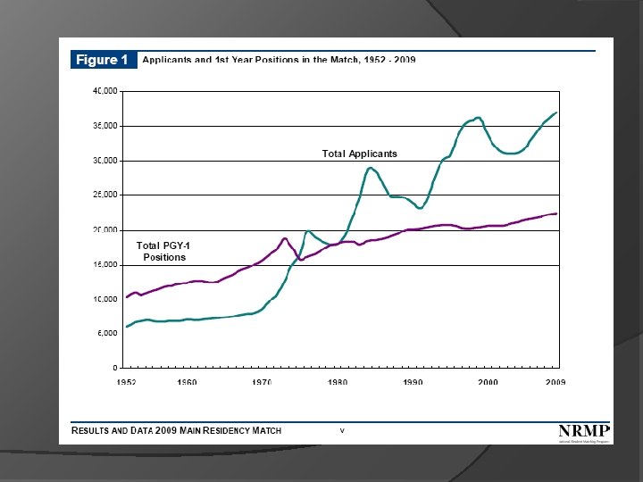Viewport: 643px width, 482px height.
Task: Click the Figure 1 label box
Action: coord(104,60)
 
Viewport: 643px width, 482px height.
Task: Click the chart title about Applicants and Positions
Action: coord(279,60)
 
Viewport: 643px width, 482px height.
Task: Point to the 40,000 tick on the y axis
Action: coord(106,91)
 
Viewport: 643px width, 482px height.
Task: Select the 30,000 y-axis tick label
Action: coord(106,161)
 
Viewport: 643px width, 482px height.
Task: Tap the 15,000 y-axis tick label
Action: coord(106,265)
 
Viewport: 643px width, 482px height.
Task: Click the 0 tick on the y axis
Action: coord(115,368)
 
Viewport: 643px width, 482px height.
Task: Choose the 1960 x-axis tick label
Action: coord(186,382)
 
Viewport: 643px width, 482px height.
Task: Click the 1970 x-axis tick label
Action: coord(262,382)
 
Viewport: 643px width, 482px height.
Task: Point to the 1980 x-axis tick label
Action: coord(338,382)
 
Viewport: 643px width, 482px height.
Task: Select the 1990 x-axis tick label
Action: coord(413,382)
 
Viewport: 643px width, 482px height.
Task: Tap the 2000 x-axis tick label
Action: coord(488,382)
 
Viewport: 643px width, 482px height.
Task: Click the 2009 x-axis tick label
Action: coord(555,382)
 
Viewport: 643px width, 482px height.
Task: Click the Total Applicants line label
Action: coord(359,154)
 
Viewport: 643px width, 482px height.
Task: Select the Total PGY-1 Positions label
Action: coord(163,251)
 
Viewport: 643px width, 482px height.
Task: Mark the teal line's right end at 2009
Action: coord(556,112)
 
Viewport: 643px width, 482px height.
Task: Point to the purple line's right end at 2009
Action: coord(556,213)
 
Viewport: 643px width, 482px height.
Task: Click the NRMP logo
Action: coord(584,432)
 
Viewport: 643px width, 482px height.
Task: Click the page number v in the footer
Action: coord(342,430)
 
